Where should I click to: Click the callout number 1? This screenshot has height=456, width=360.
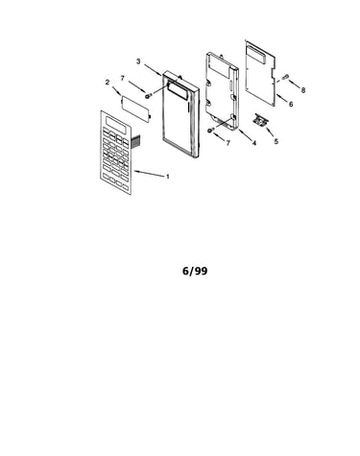pyautogui.click(x=167, y=177)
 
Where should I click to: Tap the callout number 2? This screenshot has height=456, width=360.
pyautogui.click(x=108, y=83)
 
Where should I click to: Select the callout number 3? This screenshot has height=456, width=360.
pyautogui.click(x=138, y=61)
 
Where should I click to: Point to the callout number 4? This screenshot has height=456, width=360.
pyautogui.click(x=254, y=143)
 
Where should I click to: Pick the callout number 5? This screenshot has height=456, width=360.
pyautogui.click(x=276, y=141)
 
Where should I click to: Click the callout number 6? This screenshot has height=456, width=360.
pyautogui.click(x=291, y=104)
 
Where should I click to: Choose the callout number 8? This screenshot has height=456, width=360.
pyautogui.click(x=302, y=90)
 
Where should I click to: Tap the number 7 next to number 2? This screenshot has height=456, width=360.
pyautogui.click(x=123, y=78)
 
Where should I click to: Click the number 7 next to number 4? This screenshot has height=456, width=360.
pyautogui.click(x=228, y=143)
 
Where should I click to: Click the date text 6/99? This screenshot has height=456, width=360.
pyautogui.click(x=195, y=271)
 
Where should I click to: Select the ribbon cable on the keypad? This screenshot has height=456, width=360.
pyautogui.click(x=135, y=142)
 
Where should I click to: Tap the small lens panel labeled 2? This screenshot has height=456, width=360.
pyautogui.click(x=136, y=109)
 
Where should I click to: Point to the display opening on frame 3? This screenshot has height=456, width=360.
pyautogui.click(x=179, y=90)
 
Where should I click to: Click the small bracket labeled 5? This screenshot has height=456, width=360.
pyautogui.click(x=260, y=120)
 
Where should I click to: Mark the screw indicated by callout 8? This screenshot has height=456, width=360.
pyautogui.click(x=285, y=77)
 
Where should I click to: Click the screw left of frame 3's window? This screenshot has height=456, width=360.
pyautogui.click(x=148, y=96)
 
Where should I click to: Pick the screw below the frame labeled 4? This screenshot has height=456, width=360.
pyautogui.click(x=210, y=130)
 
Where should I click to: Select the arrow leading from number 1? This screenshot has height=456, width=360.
pyautogui.click(x=149, y=174)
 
